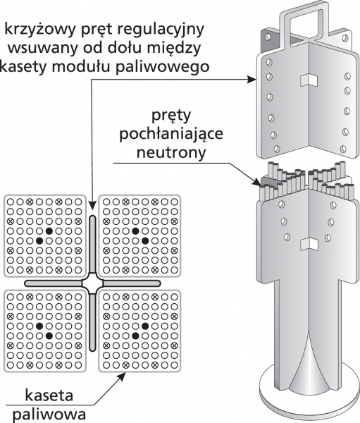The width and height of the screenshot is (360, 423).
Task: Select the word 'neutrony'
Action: point(171,152)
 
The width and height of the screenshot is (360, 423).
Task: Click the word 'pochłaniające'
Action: point(171,134)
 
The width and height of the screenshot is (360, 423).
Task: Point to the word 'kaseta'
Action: point(49,396)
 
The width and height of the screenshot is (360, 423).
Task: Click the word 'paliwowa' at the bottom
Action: point(49,415)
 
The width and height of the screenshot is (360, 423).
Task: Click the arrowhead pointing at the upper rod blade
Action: point(252,79)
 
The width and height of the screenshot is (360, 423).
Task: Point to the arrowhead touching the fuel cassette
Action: point(122,376)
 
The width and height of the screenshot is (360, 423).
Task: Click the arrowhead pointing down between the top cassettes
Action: point(92,206)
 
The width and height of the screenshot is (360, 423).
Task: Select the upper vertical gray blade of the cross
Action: point(92,244)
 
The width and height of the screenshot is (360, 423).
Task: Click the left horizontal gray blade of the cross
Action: point(53,283)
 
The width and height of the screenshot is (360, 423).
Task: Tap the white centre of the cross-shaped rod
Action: point(92,283)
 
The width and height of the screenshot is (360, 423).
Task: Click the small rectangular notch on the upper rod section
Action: point(309,80)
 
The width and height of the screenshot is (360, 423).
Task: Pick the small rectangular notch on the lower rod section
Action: point(309,245)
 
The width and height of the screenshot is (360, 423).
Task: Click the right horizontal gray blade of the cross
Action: point(132,283)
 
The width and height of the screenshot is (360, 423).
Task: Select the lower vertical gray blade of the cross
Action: point(92,322)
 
